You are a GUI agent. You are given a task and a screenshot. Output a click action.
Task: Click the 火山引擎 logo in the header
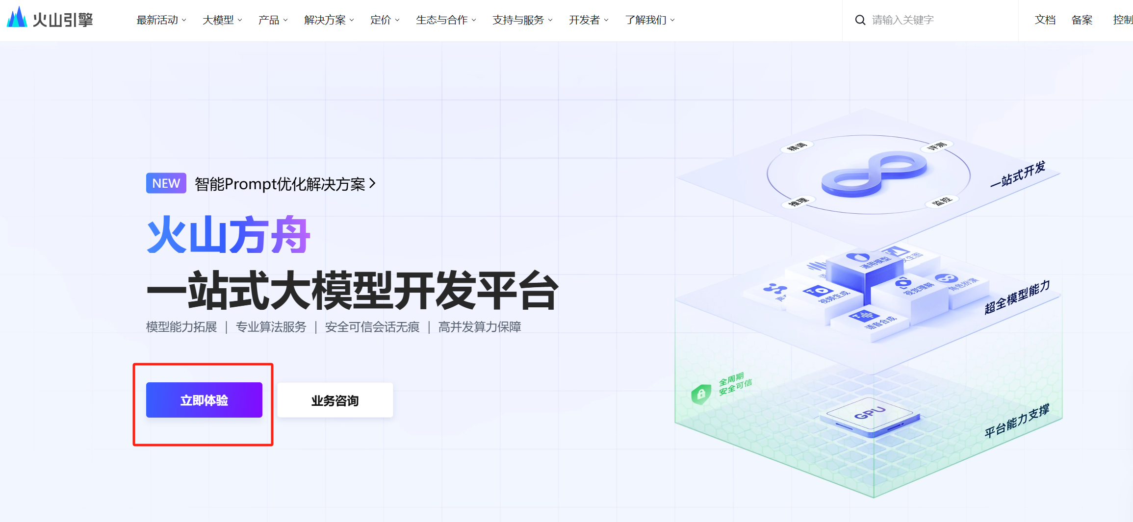point(50,19)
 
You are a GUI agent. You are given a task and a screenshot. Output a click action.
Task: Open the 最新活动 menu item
point(160,20)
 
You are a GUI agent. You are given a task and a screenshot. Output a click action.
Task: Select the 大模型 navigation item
point(222,20)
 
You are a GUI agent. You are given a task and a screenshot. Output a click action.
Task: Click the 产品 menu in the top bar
point(272,20)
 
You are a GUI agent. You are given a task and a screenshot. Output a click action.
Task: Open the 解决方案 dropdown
point(328,20)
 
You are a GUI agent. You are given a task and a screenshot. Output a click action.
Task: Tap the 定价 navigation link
point(384,20)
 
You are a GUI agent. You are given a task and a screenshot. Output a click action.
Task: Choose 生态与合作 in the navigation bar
point(445,20)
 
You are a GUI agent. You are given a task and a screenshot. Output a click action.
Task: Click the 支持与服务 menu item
point(522,20)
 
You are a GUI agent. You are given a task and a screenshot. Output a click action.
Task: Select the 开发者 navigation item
point(588,20)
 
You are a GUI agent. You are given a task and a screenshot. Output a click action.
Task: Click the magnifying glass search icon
point(860,20)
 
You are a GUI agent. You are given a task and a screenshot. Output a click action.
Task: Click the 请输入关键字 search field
point(932,20)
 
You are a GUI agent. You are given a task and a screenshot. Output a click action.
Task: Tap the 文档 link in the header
point(1045,20)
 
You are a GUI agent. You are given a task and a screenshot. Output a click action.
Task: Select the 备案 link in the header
point(1081,20)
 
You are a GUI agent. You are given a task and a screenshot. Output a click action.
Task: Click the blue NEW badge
point(166,183)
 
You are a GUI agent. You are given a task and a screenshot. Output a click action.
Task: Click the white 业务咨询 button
point(335,400)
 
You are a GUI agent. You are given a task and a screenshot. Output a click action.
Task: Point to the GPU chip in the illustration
point(869,415)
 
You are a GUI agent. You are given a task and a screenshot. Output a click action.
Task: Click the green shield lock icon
point(701,394)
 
